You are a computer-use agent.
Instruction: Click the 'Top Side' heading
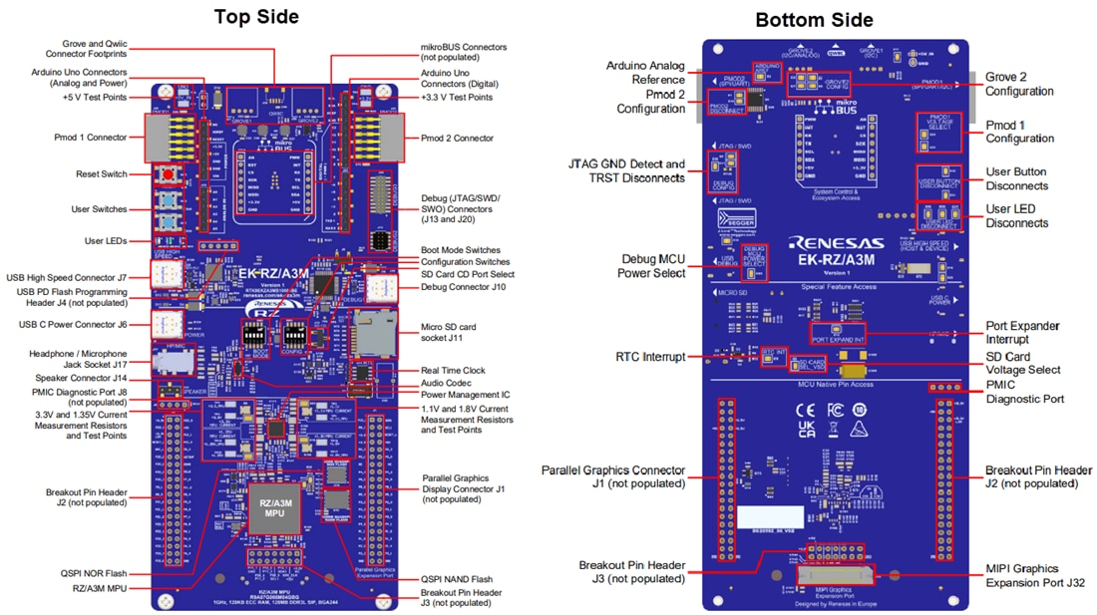[x=256, y=17]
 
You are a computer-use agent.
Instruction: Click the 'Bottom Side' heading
[x=814, y=20]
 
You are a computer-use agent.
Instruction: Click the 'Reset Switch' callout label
[x=102, y=174]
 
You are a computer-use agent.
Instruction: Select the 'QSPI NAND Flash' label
[x=457, y=579]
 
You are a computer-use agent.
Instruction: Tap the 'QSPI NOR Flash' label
[x=94, y=574]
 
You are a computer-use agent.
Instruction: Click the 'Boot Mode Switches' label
[x=461, y=249]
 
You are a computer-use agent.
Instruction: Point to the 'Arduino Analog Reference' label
[x=646, y=73]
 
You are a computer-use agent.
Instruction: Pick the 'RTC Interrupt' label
[x=650, y=357]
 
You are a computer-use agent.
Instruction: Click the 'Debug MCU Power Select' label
[x=653, y=265]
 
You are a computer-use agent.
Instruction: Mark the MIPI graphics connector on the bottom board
[x=834, y=573]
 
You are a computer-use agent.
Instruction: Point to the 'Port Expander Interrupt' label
[x=1022, y=333]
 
